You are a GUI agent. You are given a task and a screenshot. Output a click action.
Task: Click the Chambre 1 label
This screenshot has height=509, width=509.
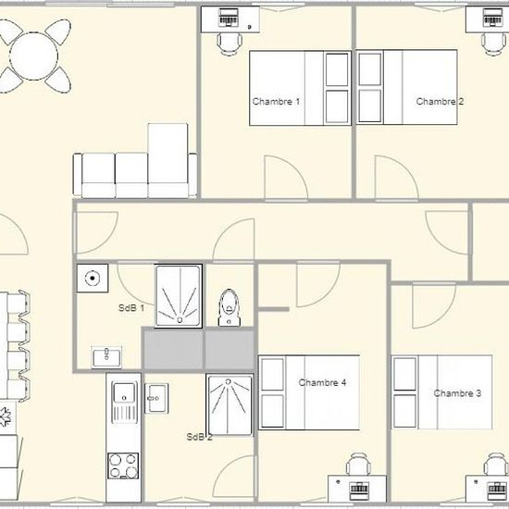coord(276,102)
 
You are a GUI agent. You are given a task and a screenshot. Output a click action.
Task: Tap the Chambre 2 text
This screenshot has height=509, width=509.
coord(440,102)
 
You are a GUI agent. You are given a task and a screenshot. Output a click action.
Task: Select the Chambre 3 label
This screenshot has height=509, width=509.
coord(457,393)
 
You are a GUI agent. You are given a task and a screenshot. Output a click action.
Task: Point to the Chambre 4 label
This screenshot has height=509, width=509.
coord(322,383)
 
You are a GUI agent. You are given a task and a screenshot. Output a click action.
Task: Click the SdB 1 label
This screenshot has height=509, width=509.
coord(131,308)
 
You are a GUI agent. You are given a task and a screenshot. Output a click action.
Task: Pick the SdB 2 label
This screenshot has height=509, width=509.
coord(199,437)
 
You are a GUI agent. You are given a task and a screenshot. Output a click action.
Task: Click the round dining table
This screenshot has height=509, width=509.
coord(33,56)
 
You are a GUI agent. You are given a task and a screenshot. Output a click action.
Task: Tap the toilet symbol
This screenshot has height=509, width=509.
coord(230,307)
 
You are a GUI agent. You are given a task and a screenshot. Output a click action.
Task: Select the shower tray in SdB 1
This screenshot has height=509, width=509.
coord(179,296)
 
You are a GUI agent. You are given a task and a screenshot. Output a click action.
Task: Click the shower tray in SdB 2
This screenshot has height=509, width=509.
coord(230,405)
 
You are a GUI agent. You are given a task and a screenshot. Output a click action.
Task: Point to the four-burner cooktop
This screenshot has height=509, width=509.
coord(123,466)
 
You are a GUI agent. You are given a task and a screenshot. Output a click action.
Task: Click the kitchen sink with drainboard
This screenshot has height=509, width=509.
coord(124,403)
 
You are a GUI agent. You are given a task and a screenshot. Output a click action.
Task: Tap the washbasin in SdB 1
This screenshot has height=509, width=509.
coord(106,357)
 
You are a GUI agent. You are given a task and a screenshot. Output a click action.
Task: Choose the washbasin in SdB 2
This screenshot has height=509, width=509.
coord(156,398)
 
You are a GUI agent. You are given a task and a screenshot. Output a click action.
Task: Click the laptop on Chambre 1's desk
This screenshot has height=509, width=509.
coord(229,17)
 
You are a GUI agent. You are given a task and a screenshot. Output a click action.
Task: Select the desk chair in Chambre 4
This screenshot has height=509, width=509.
coord(358,465)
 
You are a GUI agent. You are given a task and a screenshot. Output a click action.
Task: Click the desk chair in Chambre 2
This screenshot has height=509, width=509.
coord(494,43)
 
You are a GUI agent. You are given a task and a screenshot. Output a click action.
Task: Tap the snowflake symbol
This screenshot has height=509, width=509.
coord(5,416)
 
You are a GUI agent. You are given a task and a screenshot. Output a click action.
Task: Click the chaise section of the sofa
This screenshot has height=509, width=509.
coord(168,160)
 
